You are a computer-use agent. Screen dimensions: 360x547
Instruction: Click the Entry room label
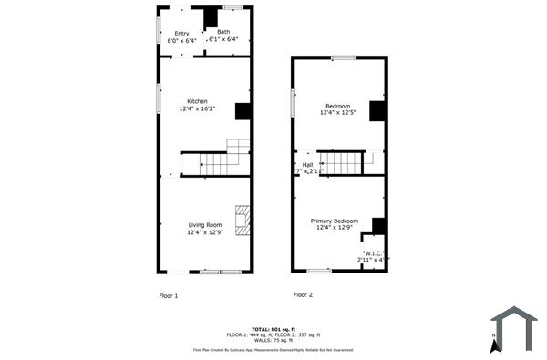[x=181, y=33]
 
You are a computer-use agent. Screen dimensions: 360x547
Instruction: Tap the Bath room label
[x=223, y=32]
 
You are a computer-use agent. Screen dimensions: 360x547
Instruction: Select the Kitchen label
[x=198, y=101]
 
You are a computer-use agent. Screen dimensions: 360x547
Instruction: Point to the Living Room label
[x=205, y=225]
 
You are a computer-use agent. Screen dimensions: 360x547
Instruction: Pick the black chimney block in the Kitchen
[x=243, y=111]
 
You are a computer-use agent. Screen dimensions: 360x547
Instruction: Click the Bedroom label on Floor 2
[x=338, y=106]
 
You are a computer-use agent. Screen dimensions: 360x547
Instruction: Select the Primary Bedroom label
[x=335, y=221]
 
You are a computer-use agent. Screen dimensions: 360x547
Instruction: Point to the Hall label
[x=308, y=165]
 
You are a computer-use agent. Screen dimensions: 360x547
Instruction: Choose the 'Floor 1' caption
[x=169, y=295]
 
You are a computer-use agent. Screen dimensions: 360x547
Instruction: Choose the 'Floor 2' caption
[x=303, y=294]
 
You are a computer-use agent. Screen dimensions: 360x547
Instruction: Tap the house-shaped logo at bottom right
[x=515, y=327]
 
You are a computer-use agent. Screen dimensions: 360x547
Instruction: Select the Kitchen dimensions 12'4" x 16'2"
[x=198, y=109]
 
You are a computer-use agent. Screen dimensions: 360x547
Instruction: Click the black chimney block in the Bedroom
[x=377, y=111]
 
